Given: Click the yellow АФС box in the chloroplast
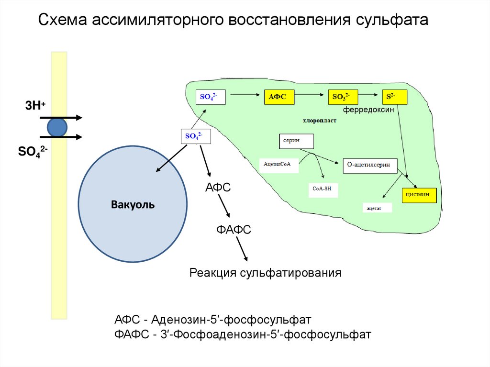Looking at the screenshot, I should (278, 97).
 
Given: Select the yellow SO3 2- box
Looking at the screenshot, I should (342, 97).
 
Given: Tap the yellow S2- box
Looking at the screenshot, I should (394, 97).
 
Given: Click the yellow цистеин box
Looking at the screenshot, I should (419, 195).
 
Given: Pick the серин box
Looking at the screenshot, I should (296, 141).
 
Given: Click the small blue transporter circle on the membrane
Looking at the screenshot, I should (57, 127).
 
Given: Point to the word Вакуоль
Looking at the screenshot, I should (133, 205).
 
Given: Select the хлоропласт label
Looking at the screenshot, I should (320, 121).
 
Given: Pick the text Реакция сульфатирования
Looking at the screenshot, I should (265, 273).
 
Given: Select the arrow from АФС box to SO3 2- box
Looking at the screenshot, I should (310, 97).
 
